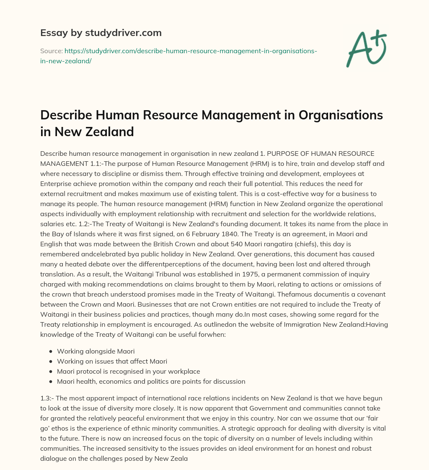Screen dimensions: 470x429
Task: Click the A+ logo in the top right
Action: click(366, 48)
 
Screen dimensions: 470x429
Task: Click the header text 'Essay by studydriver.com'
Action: click(101, 33)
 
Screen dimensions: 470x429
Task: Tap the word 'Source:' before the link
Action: click(51, 51)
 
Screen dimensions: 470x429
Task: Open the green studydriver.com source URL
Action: click(178, 55)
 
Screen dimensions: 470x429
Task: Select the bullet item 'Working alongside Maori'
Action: click(96, 351)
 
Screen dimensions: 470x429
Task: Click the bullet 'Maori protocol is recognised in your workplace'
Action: click(128, 371)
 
